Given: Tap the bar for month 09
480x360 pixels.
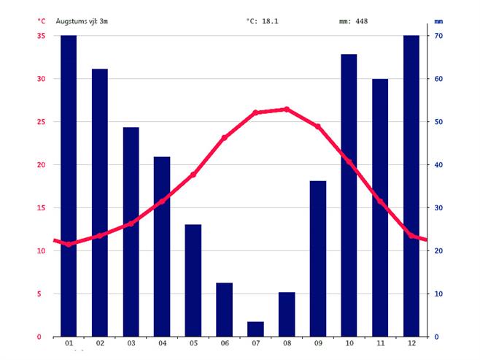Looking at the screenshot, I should [318, 258].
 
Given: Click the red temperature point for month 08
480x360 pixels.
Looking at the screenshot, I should [287, 109].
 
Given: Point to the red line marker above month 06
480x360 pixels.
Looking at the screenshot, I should [225, 137].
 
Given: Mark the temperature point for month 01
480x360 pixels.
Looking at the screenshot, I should [69, 244].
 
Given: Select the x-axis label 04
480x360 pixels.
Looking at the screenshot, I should [162, 344].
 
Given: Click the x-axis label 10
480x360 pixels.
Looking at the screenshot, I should [349, 344].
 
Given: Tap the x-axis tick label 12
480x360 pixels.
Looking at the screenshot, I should [411, 344].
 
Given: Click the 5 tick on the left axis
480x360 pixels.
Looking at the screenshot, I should [42, 294].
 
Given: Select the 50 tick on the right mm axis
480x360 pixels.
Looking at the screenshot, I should [440, 122].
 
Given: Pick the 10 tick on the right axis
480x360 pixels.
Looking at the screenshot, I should [440, 294].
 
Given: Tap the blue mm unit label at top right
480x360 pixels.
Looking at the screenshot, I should [438, 21].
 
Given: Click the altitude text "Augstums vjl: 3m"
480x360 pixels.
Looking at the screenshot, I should [82, 21].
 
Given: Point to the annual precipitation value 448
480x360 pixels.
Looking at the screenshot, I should [361, 21].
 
